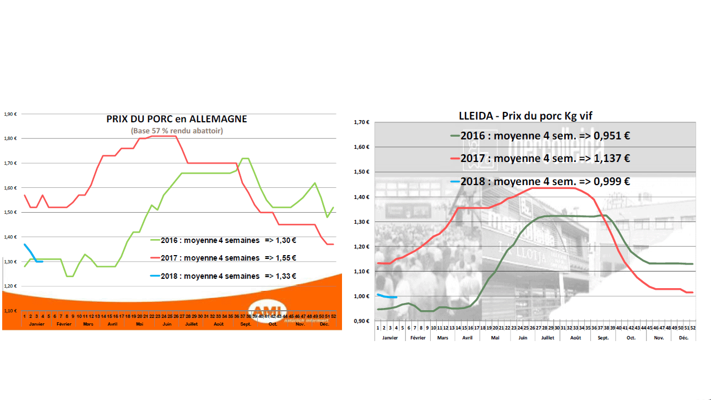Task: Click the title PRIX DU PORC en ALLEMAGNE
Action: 176,118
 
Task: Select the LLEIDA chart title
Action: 525,115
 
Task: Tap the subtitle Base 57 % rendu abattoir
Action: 176,131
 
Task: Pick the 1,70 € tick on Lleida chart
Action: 361,122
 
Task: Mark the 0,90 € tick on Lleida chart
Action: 361,321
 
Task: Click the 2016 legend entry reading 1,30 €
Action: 223,240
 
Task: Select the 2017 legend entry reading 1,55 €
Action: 223,257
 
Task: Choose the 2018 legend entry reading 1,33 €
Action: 223,275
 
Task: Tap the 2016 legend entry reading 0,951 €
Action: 540,136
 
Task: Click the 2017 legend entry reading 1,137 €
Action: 540,158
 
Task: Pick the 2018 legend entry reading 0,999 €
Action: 540,181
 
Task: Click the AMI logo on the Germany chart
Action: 268,310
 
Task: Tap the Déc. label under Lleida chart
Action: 683,337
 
